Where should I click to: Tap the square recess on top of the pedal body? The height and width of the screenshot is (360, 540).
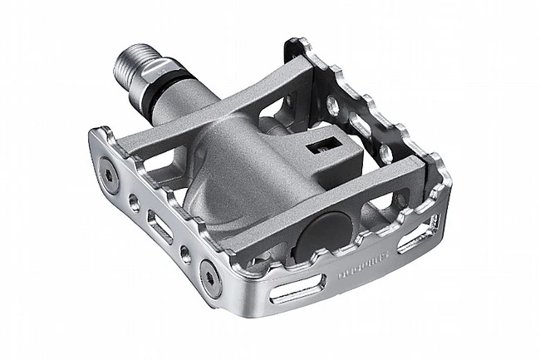[x=318, y=148]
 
